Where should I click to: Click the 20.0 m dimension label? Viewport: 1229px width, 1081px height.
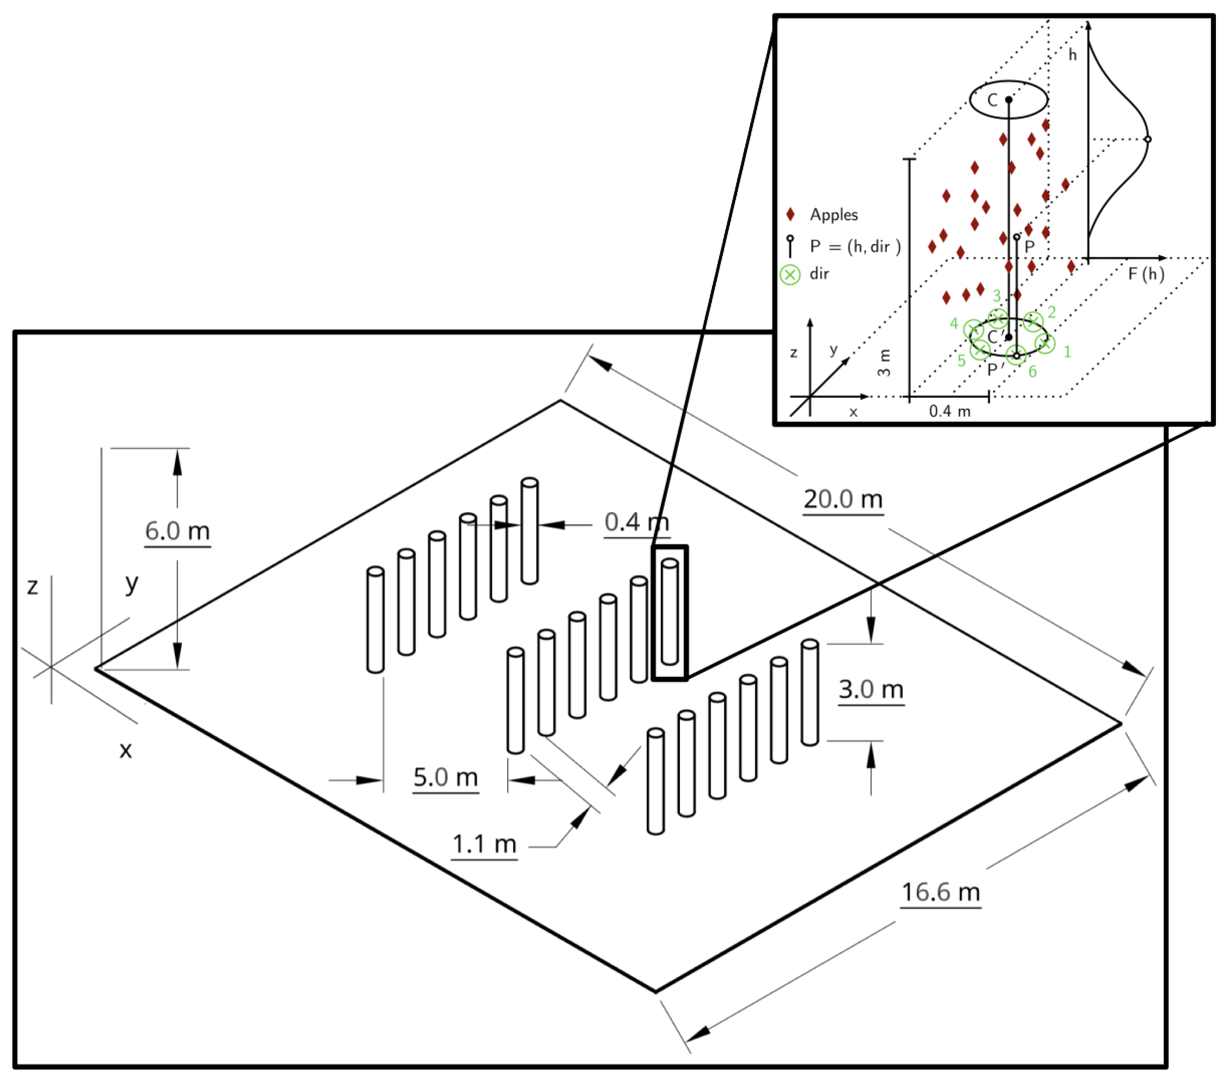pyautogui.click(x=842, y=499)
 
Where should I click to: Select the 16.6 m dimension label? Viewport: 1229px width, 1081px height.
pyautogui.click(x=940, y=891)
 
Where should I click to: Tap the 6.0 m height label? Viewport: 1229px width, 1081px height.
pyautogui.click(x=178, y=531)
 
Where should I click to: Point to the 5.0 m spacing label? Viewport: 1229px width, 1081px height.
pyautogui.click(x=446, y=778)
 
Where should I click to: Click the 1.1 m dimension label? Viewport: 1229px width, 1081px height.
pyautogui.click(x=484, y=844)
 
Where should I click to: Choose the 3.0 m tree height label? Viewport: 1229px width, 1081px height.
pyautogui.click(x=871, y=689)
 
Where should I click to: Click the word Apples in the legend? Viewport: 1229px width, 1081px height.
pyautogui.click(x=833, y=215)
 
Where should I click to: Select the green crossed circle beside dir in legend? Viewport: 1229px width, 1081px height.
pyautogui.click(x=789, y=275)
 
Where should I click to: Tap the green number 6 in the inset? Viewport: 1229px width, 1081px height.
pyautogui.click(x=1032, y=372)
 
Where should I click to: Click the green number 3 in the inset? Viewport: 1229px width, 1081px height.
pyautogui.click(x=996, y=296)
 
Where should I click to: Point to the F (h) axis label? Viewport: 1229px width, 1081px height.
pyautogui.click(x=1146, y=274)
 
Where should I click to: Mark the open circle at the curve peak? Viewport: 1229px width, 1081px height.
pyautogui.click(x=1147, y=139)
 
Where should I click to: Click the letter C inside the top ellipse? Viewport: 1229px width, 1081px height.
pyautogui.click(x=992, y=100)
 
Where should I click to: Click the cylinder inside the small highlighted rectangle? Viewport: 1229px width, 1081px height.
pyautogui.click(x=669, y=611)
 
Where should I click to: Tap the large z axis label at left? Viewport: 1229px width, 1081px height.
pyautogui.click(x=33, y=586)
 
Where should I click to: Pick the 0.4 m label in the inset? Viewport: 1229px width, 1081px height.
pyautogui.click(x=950, y=411)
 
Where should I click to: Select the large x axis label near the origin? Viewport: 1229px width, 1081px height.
pyautogui.click(x=125, y=750)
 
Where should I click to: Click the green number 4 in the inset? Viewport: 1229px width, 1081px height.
pyautogui.click(x=953, y=324)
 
